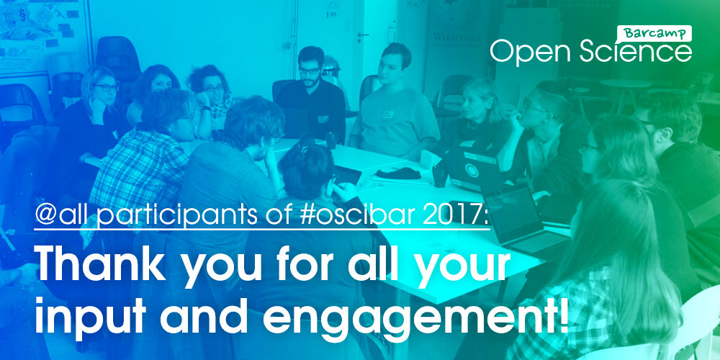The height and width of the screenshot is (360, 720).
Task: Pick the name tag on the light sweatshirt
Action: (388, 114)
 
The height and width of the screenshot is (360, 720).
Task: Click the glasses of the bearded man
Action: (310, 71)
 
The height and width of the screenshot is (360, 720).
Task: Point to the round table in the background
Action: (625, 84)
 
